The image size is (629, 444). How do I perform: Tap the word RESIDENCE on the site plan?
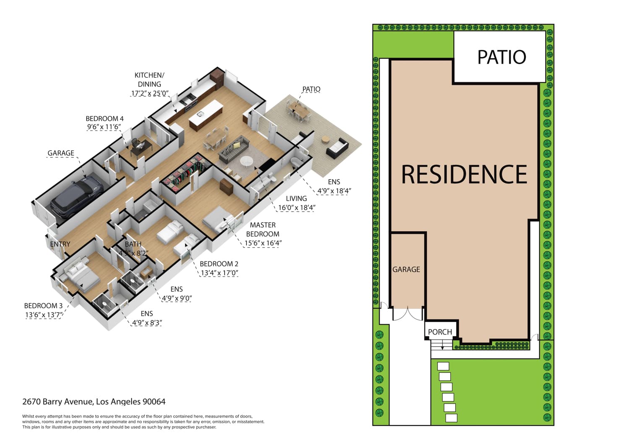point(464,174)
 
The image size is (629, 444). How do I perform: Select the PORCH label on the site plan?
point(440,332)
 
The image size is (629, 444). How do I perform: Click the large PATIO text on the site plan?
point(502,57)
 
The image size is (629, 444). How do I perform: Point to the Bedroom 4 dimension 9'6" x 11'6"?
point(104,127)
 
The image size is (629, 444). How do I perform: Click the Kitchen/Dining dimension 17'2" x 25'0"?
point(150,93)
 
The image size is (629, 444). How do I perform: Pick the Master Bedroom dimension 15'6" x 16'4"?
point(263,243)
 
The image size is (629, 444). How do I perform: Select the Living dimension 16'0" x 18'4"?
point(297,208)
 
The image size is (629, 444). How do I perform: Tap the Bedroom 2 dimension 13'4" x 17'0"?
point(219,273)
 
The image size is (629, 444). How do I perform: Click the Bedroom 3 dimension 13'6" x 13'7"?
point(44,315)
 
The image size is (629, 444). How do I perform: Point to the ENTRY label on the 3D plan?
point(60,244)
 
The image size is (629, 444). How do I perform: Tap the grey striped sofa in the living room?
point(234,150)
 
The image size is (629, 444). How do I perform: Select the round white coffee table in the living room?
point(246,161)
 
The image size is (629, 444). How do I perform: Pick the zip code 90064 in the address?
point(154,402)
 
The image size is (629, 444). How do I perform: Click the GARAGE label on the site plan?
point(406,269)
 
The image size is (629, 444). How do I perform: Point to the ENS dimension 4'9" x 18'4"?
point(334,191)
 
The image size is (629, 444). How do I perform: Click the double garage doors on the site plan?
point(408,315)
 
